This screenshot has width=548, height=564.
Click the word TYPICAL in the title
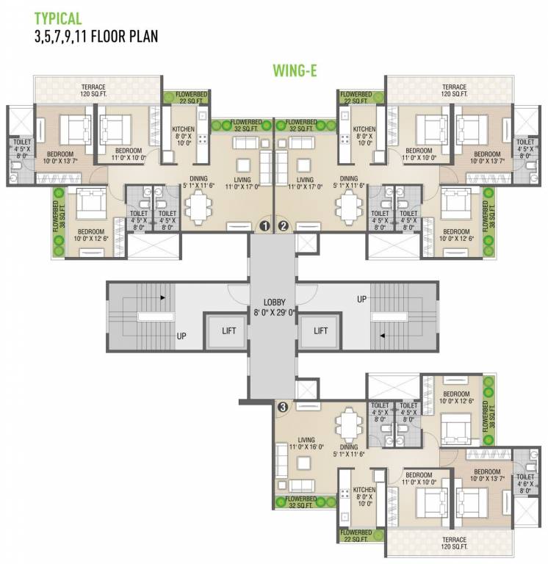[x=58, y=18]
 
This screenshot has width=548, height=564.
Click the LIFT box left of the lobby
[x=228, y=330]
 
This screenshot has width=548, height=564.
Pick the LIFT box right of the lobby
[x=320, y=330]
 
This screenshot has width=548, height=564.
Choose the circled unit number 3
[x=283, y=405]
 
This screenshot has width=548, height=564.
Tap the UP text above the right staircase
[x=361, y=300]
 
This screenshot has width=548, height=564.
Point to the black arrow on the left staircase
[x=162, y=298]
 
